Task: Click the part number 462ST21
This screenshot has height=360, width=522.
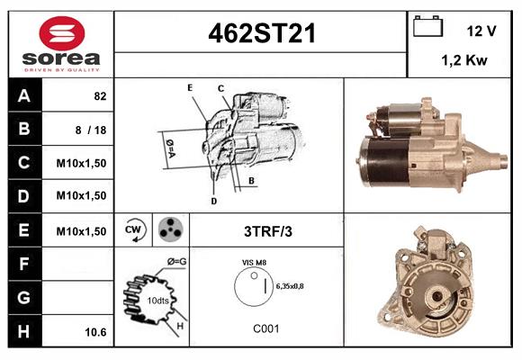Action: pos(262,33)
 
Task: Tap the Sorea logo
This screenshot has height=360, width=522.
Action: pos(60,42)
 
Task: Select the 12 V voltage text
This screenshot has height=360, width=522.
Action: pos(481,31)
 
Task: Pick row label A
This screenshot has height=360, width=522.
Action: pos(24,94)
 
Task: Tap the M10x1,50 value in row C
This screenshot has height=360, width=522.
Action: pos(82,163)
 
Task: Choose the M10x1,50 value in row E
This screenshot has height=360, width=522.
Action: pos(82,231)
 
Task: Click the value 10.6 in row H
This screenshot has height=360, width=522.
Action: pos(95,332)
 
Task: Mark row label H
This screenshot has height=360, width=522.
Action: pos(24,331)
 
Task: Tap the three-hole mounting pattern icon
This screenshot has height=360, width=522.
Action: pos(169,229)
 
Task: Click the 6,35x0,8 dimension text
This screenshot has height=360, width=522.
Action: pos(291,286)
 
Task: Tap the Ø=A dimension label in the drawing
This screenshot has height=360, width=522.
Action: pos(169,143)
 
